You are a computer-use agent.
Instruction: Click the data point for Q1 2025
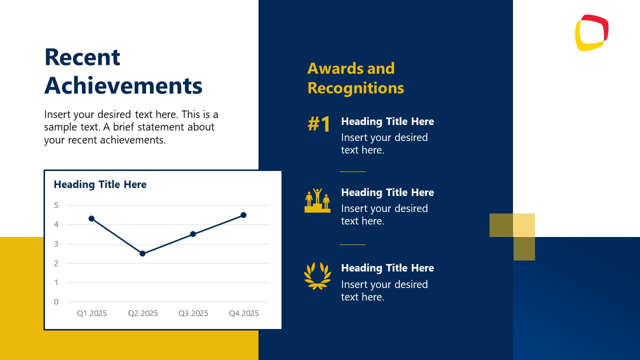(x=91, y=218)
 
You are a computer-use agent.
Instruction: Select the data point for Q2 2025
(x=142, y=253)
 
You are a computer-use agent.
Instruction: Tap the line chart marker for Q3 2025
(x=193, y=234)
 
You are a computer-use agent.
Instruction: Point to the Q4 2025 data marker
(x=243, y=215)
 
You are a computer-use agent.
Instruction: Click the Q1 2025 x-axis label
(x=91, y=313)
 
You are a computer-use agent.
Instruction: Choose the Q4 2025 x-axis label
(x=243, y=313)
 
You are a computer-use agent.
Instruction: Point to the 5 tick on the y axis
(x=56, y=205)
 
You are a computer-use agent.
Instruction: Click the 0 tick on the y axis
(x=56, y=301)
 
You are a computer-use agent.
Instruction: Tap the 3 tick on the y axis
(x=56, y=244)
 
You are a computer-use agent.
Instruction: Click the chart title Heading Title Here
(x=100, y=184)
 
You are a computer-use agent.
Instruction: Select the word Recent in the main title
(x=82, y=57)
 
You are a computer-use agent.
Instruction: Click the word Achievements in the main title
(x=123, y=86)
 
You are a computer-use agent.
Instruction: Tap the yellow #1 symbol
(x=318, y=124)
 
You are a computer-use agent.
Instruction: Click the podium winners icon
(x=317, y=200)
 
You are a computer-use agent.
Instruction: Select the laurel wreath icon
(x=317, y=275)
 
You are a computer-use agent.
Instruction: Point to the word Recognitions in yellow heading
(x=355, y=88)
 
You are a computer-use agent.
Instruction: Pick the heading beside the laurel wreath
(x=387, y=268)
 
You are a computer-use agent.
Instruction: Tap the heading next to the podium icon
(x=387, y=192)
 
